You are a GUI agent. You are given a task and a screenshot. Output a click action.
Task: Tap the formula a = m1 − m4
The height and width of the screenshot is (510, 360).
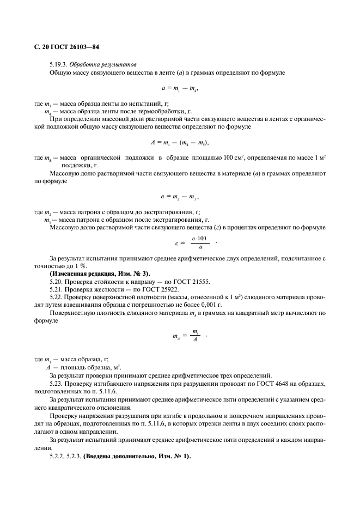coord(178,87)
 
